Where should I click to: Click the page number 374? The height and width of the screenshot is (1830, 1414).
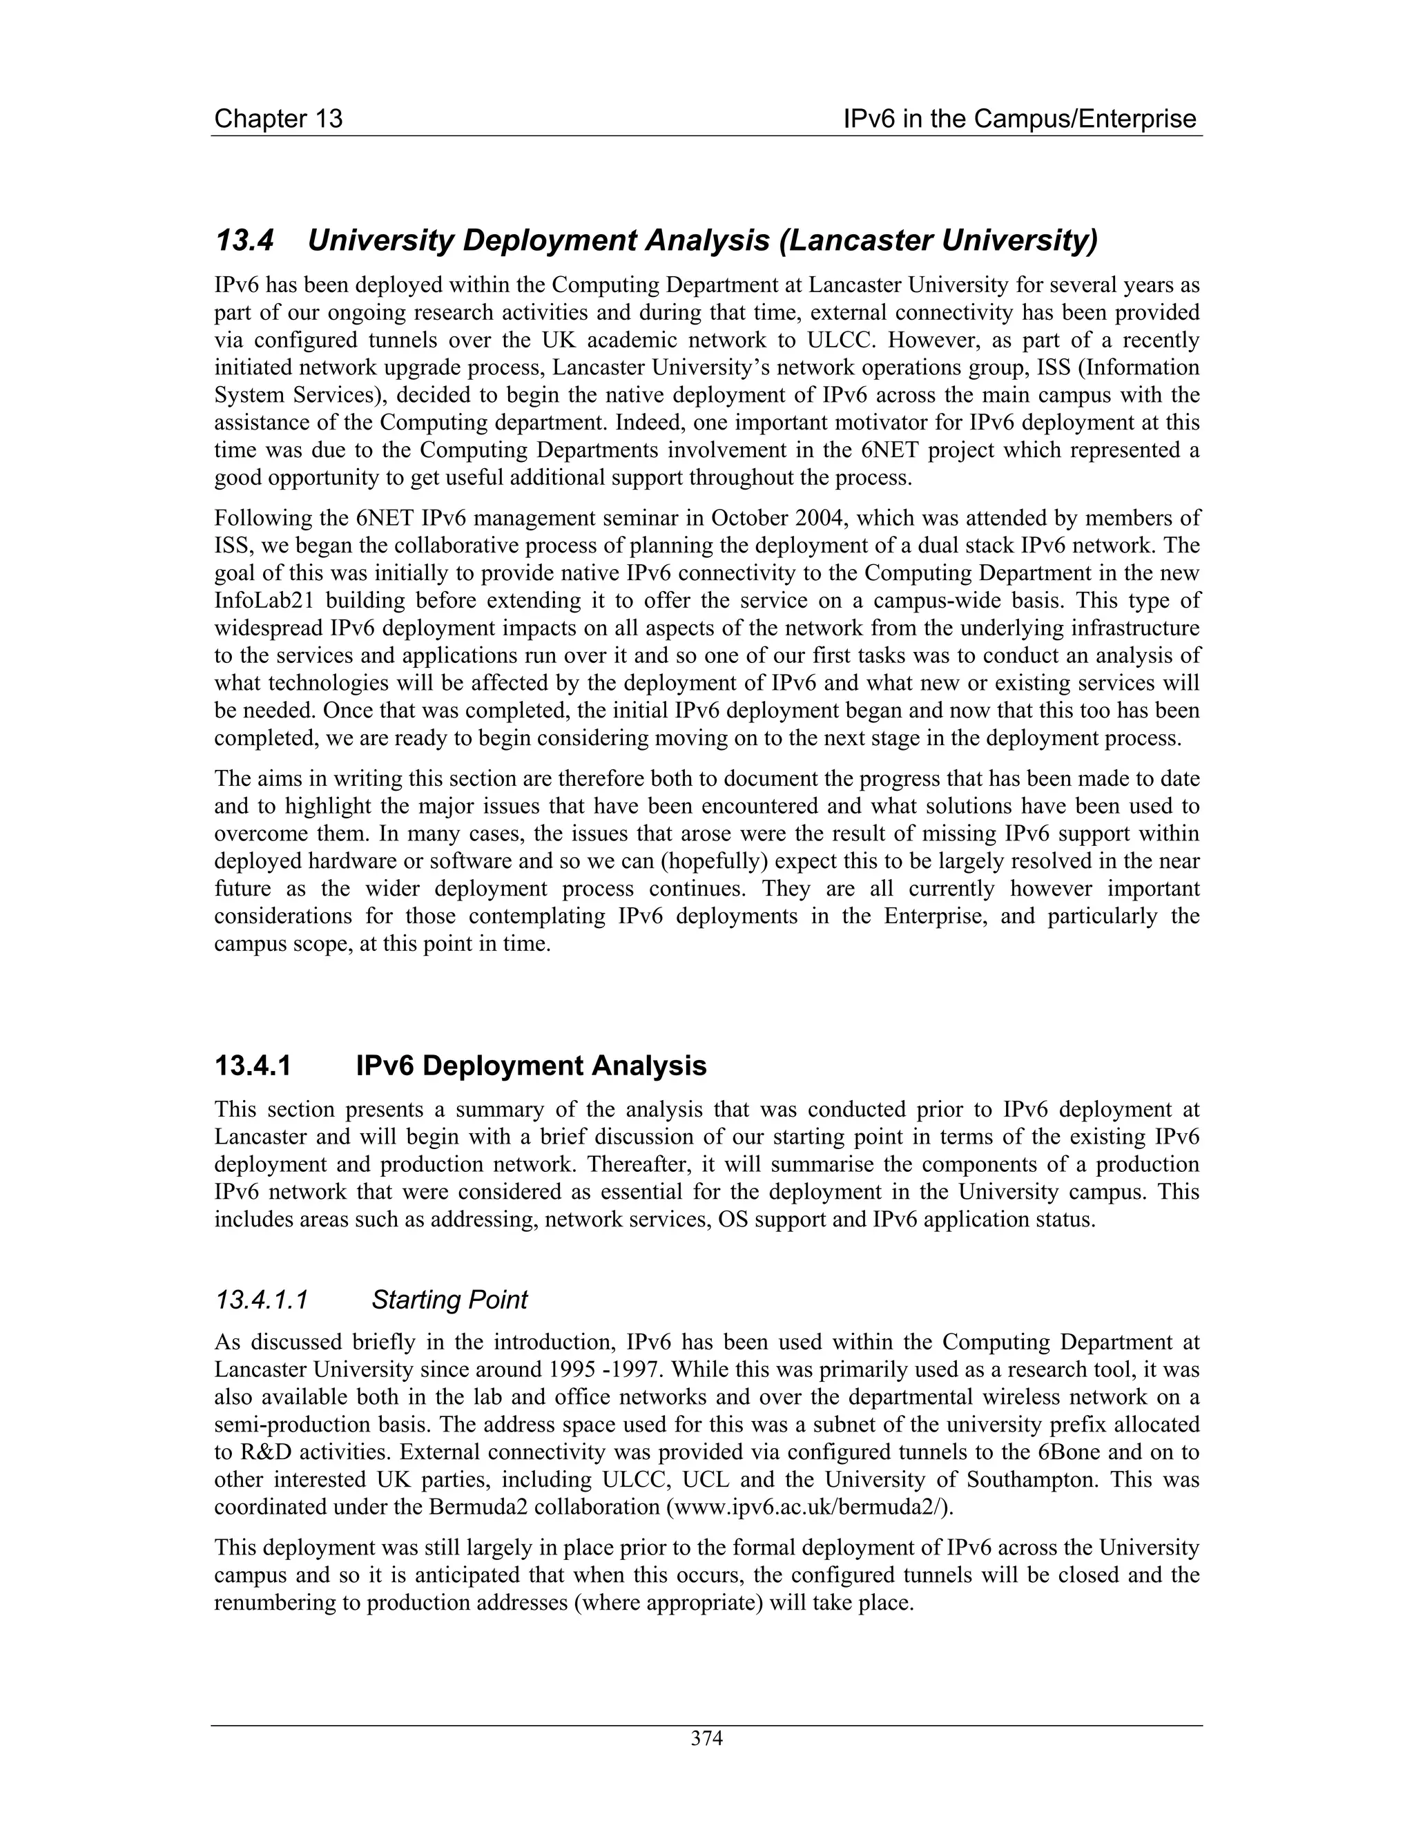pos(706,1739)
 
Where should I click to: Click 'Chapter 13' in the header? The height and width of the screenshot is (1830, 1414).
pos(278,119)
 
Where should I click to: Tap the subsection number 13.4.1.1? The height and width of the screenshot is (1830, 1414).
pos(262,1300)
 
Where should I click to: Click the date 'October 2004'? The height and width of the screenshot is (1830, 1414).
pos(782,519)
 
